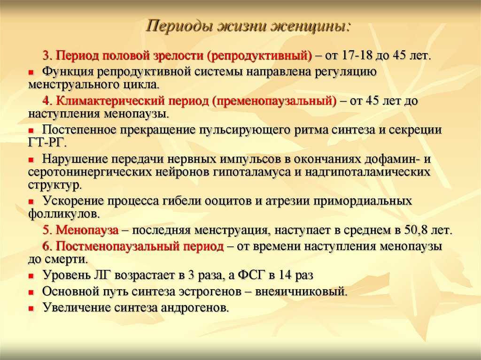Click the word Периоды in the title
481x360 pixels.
tap(179, 27)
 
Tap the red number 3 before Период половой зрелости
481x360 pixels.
tap(47, 55)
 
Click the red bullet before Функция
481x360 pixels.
tap(31, 73)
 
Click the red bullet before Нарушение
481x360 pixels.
tap(31, 160)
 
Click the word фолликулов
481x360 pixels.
tap(63, 214)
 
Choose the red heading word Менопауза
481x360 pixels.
tap(87, 230)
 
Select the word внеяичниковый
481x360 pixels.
tap(300, 291)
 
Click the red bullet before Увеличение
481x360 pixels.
tap(31, 308)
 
